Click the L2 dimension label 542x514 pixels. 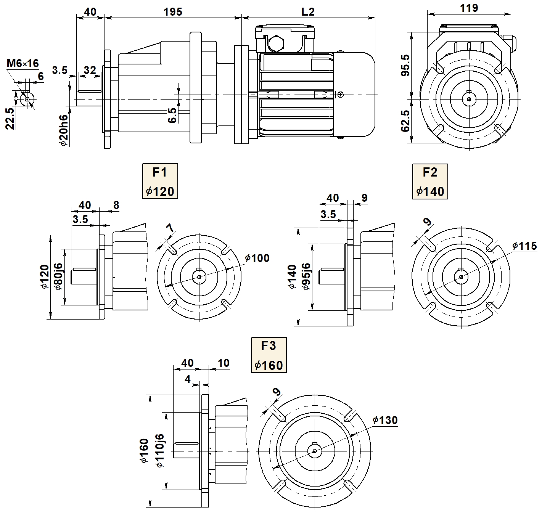tap(308, 11)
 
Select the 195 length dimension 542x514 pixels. tap(173, 11)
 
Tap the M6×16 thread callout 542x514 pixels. tap(23, 63)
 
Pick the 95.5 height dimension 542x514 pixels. tap(405, 65)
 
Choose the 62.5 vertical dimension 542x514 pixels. tap(405, 121)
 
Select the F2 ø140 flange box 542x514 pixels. tap(430, 181)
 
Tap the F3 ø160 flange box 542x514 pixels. tap(269, 355)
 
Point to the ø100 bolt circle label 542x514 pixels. tap(257, 258)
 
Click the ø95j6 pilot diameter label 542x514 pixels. tap(306, 276)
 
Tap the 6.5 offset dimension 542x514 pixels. tap(172, 115)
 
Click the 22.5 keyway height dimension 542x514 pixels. tap(10, 118)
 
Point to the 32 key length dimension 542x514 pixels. tap(90, 70)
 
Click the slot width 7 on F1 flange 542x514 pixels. tap(170, 228)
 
